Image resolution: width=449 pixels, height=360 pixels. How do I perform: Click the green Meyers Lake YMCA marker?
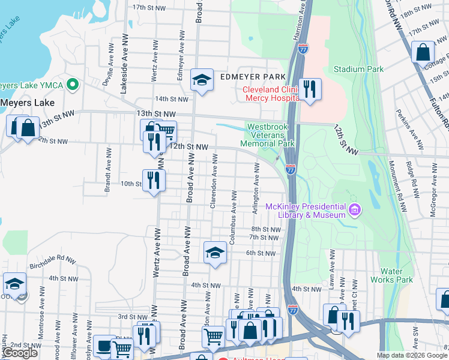[73, 84]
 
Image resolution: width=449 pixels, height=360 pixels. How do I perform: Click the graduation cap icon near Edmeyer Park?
[202, 79]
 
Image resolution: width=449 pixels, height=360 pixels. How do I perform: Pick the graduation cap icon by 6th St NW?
[214, 253]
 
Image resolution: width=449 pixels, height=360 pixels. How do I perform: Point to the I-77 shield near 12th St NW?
[290, 170]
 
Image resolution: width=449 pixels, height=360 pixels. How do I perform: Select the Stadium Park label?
[358, 69]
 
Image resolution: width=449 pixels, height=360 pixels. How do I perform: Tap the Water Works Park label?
[396, 275]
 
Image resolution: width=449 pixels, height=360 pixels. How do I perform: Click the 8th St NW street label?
[266, 229]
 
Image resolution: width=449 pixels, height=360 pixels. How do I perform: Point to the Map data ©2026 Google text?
[411, 355]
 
